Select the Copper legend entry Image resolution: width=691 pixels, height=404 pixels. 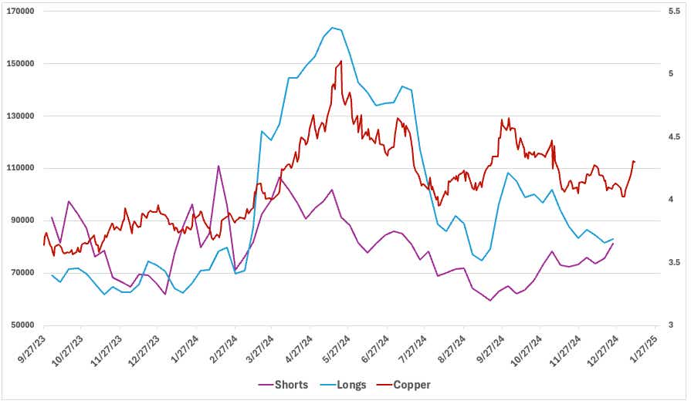[x=408, y=385]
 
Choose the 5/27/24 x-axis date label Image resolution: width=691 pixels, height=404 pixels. [x=339, y=349]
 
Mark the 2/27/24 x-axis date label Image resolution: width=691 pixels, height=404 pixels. [x=225, y=349]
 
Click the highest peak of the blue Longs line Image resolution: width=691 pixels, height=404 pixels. [x=332, y=28]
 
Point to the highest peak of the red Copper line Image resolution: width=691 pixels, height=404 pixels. [x=340, y=62]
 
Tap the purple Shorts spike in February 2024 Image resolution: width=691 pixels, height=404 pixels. [x=218, y=166]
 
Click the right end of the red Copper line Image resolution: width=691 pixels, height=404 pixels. [x=634, y=161]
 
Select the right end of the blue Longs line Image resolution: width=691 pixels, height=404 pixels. [x=614, y=239]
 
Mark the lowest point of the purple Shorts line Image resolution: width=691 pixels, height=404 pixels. [x=489, y=301]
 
